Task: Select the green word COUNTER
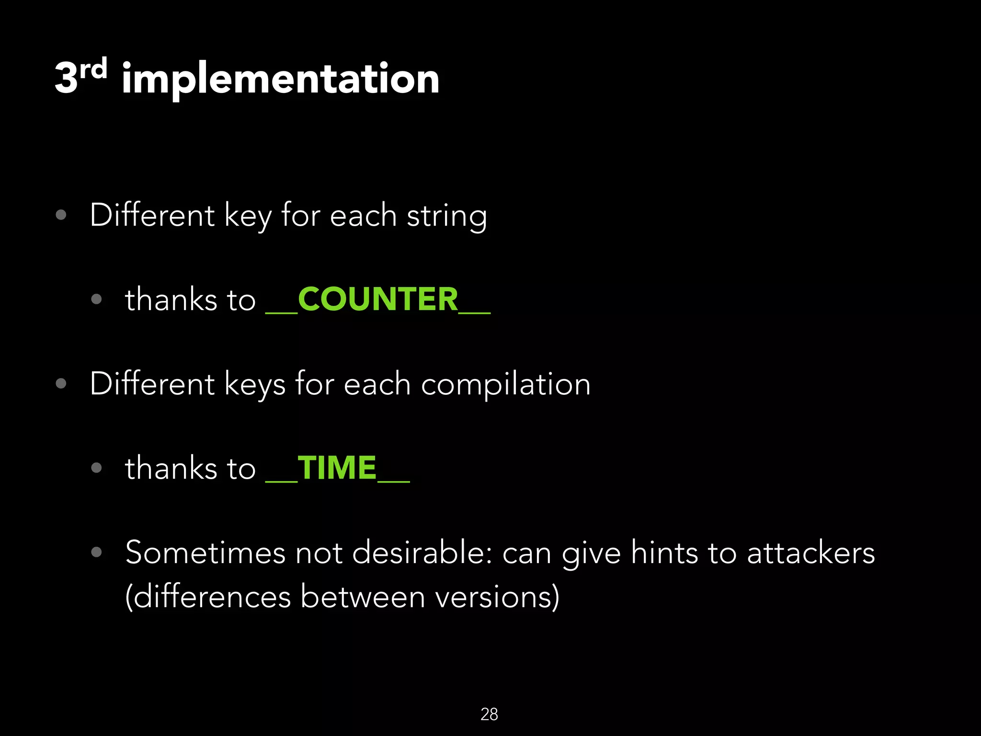378,299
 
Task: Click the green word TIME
337,468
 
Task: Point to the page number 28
489,714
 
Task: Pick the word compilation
505,385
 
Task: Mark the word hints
664,553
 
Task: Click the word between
363,597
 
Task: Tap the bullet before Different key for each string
61,215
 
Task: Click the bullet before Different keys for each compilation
61,383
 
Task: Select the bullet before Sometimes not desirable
96,552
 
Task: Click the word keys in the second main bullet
254,385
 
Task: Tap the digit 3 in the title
66,79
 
